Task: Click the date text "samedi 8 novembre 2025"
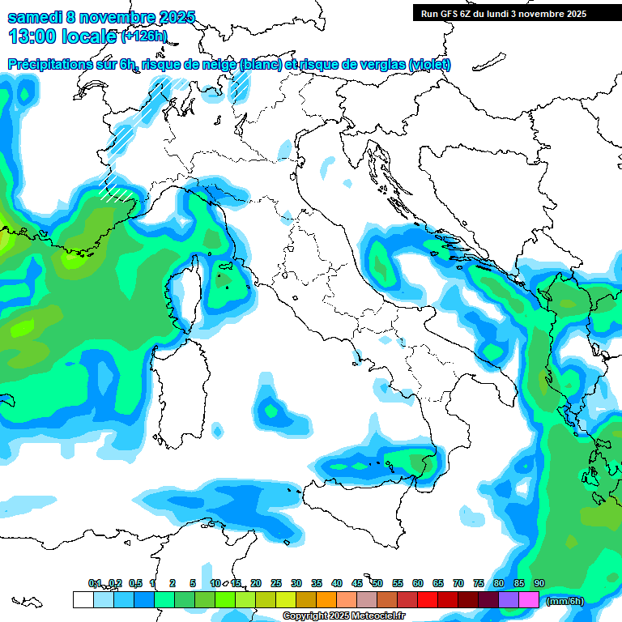coord(101,17)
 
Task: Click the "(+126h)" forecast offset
coord(144,36)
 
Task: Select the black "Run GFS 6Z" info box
coord(515,13)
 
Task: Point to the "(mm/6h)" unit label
coord(564,601)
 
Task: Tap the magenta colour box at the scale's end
coord(529,600)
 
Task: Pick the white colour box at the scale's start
coord(83,600)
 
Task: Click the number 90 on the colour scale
coord(539,584)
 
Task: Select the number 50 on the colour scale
coord(377,584)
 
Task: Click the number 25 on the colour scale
coord(276,584)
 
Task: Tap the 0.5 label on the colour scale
coord(134,584)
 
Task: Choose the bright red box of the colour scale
coord(428,600)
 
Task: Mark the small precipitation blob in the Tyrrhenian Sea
coord(271,409)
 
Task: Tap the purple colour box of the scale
coord(509,600)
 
